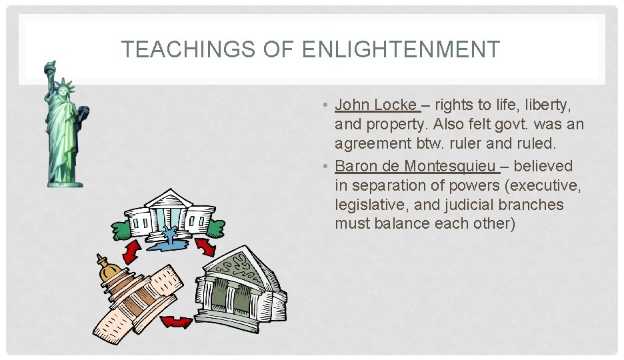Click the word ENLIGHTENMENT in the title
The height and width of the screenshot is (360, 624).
pos(401,49)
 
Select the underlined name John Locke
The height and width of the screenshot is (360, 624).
pos(375,105)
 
